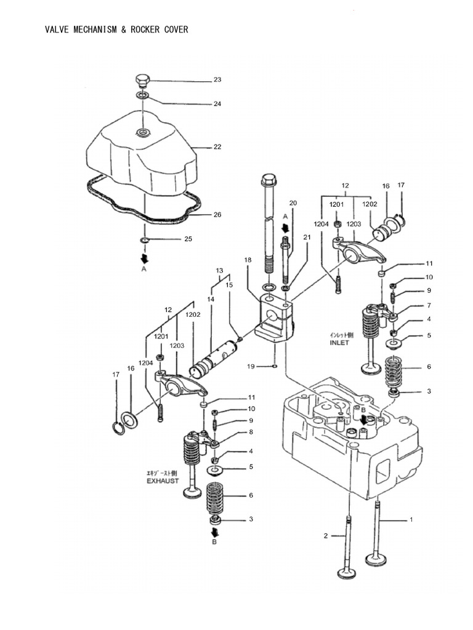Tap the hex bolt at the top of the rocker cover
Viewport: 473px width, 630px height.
pos(142,81)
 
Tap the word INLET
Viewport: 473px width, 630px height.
pos(339,343)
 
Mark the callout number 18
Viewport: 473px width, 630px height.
pos(248,260)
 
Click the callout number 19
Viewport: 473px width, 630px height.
pos(251,367)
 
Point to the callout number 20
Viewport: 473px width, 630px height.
pos(293,204)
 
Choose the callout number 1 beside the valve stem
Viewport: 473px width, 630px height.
pos(411,520)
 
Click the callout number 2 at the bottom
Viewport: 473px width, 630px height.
pos(326,536)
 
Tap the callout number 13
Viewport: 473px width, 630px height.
pos(219,271)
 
